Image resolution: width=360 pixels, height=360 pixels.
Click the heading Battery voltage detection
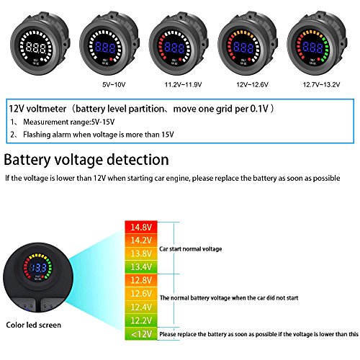pos(86,160)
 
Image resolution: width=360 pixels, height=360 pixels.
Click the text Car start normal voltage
pos(198,248)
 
